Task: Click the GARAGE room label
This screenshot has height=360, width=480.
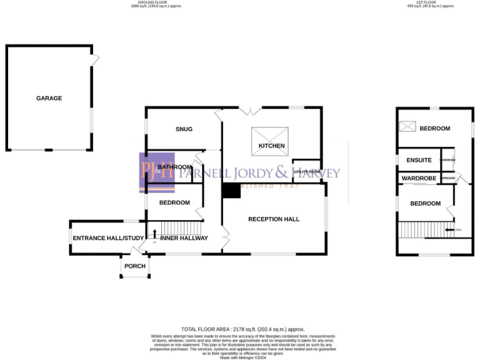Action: [x=49, y=98]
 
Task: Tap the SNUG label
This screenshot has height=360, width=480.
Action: [x=184, y=129]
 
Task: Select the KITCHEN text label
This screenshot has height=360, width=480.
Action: [x=271, y=146]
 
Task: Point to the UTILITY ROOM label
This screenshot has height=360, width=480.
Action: [x=307, y=171]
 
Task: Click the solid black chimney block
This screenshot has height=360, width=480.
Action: [x=231, y=191]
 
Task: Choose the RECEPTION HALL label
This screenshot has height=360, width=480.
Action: [x=274, y=219]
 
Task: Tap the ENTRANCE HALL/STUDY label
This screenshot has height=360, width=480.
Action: [x=108, y=238]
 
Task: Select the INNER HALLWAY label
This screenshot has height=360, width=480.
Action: [x=184, y=238]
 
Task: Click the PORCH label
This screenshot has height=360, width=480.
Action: [x=135, y=266]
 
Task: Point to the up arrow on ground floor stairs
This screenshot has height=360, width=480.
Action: [x=154, y=234]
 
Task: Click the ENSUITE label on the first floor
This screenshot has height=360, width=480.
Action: [x=419, y=160]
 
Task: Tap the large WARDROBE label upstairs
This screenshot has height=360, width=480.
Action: [x=419, y=178]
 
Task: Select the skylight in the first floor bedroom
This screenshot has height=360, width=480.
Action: [x=407, y=127]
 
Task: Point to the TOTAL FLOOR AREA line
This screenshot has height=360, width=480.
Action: [x=242, y=328]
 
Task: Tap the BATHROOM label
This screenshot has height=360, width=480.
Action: [x=174, y=167]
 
